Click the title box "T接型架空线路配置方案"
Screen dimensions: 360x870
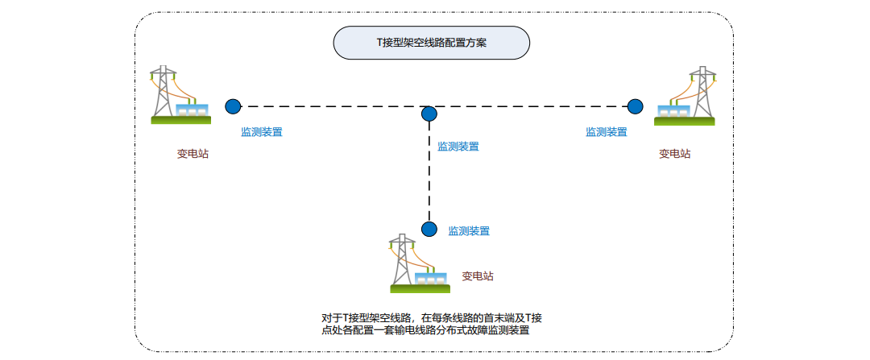(x=431, y=43)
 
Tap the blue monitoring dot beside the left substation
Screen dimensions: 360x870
(x=233, y=106)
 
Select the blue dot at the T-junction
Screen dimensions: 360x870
(x=429, y=114)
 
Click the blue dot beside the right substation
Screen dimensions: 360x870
(x=636, y=106)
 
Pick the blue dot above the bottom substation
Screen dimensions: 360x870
(x=429, y=229)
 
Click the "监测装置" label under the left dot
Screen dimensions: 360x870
(x=262, y=132)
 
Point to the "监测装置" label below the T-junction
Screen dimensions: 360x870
(x=458, y=147)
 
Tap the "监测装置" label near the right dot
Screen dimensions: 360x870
(x=607, y=132)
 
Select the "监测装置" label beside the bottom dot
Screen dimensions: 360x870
(x=469, y=230)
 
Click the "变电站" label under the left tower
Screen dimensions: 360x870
(x=193, y=154)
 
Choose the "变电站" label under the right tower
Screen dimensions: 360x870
(x=675, y=154)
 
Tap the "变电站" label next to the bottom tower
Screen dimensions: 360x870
(x=478, y=276)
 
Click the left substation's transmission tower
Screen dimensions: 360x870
(x=164, y=90)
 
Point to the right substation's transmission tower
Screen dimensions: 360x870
(x=702, y=90)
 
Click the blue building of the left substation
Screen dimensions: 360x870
(x=192, y=110)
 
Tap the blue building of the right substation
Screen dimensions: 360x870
(x=674, y=110)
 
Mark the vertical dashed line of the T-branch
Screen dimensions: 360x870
(x=429, y=173)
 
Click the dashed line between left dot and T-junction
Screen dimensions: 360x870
(x=330, y=106)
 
